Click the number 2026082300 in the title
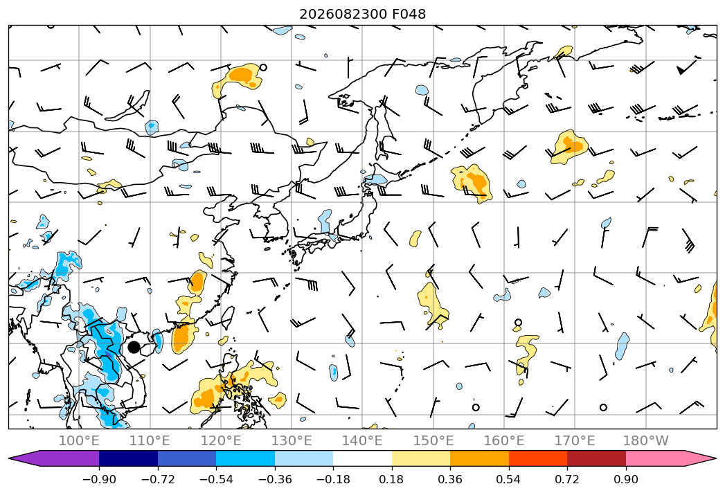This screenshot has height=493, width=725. click(343, 14)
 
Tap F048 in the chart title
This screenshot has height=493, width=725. click(409, 14)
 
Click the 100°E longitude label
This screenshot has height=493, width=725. click(79, 440)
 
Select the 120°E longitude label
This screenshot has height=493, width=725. click(221, 440)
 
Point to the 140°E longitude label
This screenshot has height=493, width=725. click(362, 440)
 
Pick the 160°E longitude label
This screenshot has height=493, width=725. click(504, 440)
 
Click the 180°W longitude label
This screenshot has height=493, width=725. click(645, 440)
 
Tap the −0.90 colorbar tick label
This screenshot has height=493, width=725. click(99, 479)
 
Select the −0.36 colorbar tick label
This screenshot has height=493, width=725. click(275, 479)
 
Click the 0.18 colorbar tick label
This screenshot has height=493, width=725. click(392, 479)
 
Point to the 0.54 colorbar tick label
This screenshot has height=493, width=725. click(509, 479)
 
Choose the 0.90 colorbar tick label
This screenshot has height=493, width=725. click(625, 479)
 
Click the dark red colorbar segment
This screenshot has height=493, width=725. click(596, 458)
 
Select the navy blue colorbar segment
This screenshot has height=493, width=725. click(129, 458)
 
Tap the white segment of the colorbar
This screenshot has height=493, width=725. click(363, 458)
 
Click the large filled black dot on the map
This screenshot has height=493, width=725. click(134, 347)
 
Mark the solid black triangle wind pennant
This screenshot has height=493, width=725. click(681, 71)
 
